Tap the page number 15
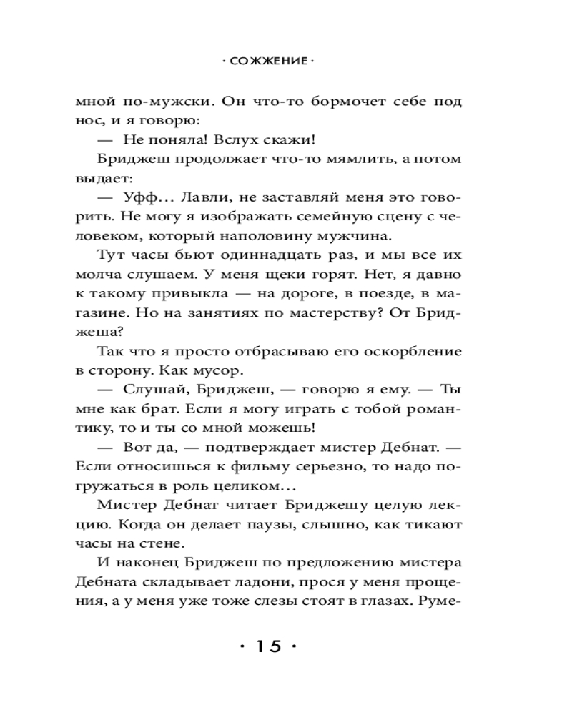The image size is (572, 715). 267,646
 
